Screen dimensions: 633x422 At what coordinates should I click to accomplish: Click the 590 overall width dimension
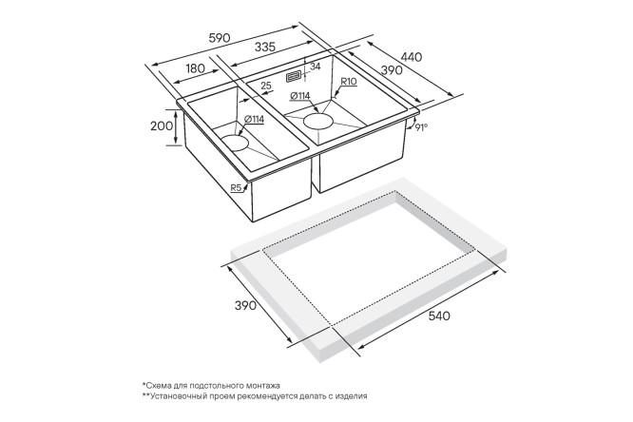[x=220, y=38]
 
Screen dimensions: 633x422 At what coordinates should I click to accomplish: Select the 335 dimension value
[x=265, y=47]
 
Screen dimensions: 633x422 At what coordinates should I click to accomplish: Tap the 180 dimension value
[x=195, y=68]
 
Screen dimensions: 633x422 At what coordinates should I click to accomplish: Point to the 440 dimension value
[x=412, y=57]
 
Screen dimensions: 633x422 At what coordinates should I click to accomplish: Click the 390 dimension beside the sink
[x=392, y=70]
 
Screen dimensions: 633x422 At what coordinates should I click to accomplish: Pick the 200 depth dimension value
[x=162, y=126]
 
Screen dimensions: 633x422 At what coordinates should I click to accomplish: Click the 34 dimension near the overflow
[x=315, y=67]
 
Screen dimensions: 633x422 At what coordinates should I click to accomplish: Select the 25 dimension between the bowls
[x=265, y=86]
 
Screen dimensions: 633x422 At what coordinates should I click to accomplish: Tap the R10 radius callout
[x=349, y=82]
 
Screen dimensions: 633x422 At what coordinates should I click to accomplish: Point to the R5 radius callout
[x=236, y=187]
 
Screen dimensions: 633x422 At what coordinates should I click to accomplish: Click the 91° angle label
[x=421, y=127]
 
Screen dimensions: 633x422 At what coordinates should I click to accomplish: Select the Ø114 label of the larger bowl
[x=300, y=96]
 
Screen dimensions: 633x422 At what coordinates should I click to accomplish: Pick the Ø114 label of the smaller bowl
[x=254, y=119]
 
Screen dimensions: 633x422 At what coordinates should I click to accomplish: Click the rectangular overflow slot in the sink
[x=294, y=77]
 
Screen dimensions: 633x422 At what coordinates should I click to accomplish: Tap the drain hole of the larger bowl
[x=318, y=122]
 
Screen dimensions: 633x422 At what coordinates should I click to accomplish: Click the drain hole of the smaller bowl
[x=234, y=143]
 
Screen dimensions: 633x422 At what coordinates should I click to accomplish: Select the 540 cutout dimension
[x=439, y=316]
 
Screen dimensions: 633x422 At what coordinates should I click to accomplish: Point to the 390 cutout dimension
[x=245, y=305]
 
